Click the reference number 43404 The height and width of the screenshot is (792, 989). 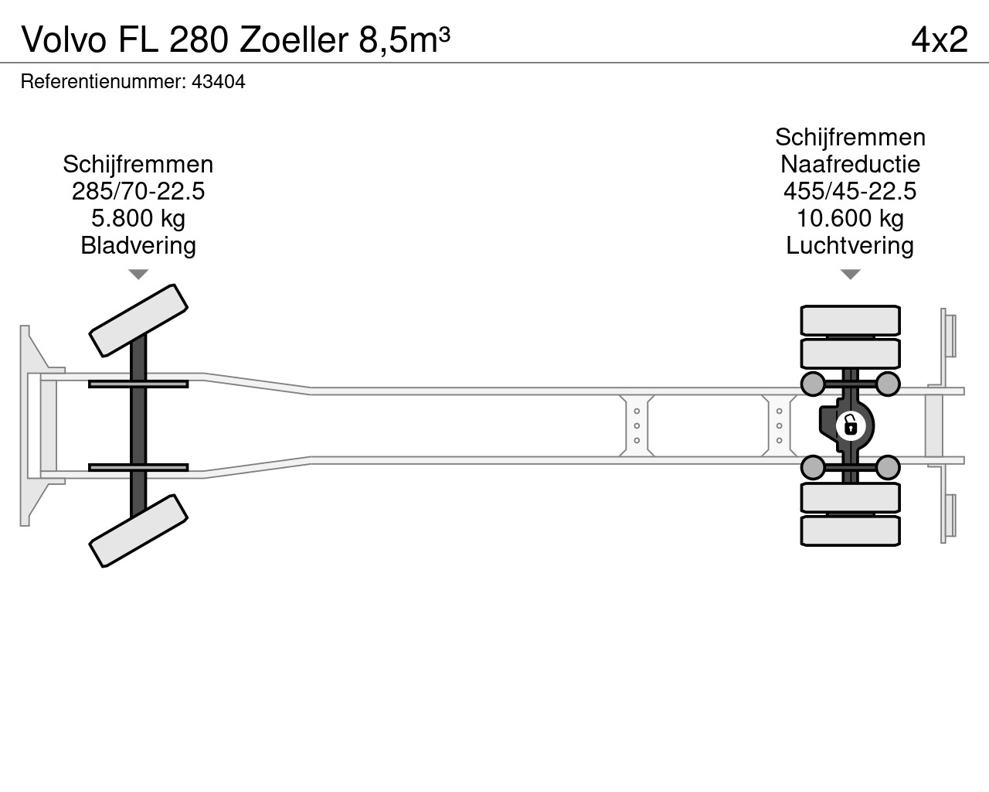pyautogui.click(x=219, y=82)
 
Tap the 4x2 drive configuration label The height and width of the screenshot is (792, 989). pyautogui.click(x=940, y=39)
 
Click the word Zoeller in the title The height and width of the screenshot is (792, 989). pyautogui.click(x=294, y=39)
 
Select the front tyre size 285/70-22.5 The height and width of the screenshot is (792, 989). pyautogui.click(x=138, y=191)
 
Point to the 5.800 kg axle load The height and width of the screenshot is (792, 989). pyautogui.click(x=138, y=218)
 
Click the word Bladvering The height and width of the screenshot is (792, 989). pyautogui.click(x=138, y=245)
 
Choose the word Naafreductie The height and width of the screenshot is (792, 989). pyautogui.click(x=850, y=164)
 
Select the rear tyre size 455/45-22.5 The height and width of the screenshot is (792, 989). pyautogui.click(x=850, y=191)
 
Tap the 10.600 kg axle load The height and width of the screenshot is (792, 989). pyautogui.click(x=850, y=218)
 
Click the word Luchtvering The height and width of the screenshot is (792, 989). pyautogui.click(x=850, y=245)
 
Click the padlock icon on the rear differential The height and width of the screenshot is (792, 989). pyautogui.click(x=851, y=425)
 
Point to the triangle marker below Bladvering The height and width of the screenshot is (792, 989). pyautogui.click(x=138, y=275)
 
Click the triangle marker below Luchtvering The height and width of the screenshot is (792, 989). pyautogui.click(x=850, y=275)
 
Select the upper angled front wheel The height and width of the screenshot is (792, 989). pyautogui.click(x=138, y=320)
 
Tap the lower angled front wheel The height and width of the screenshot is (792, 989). pyautogui.click(x=138, y=531)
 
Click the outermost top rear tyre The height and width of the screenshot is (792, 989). pyautogui.click(x=850, y=320)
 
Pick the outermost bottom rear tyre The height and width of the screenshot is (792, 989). pyautogui.click(x=850, y=531)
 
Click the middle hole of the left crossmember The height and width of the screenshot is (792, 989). pyautogui.click(x=637, y=425)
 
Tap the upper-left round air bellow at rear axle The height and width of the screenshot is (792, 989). pyautogui.click(x=813, y=384)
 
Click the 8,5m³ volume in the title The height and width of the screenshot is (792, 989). pyautogui.click(x=404, y=39)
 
